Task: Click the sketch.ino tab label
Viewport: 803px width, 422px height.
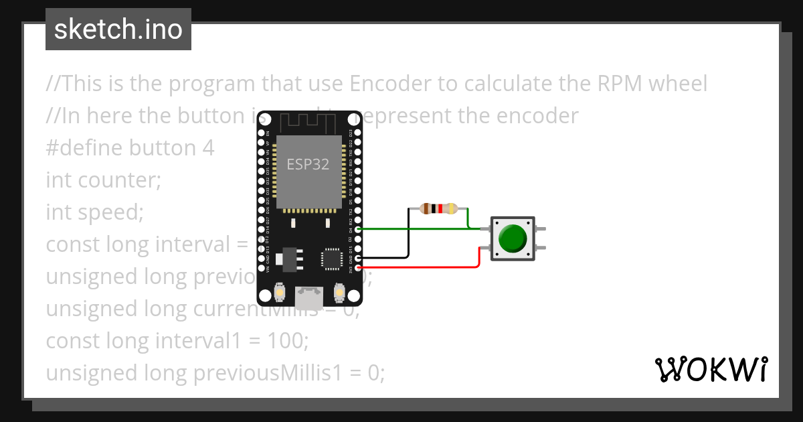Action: [x=118, y=30]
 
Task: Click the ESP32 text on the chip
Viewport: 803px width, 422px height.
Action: [x=308, y=164]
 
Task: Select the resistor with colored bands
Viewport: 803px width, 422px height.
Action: [x=438, y=209]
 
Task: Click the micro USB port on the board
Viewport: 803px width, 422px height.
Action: [x=309, y=294]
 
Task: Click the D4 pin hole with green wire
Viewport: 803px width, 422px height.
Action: [x=359, y=229]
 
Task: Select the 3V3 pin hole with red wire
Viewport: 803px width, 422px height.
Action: [x=359, y=267]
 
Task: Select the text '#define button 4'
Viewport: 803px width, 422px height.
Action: [x=130, y=148]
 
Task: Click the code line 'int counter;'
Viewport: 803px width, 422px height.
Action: [x=104, y=180]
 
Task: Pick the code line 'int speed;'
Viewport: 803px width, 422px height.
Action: [x=95, y=212]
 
